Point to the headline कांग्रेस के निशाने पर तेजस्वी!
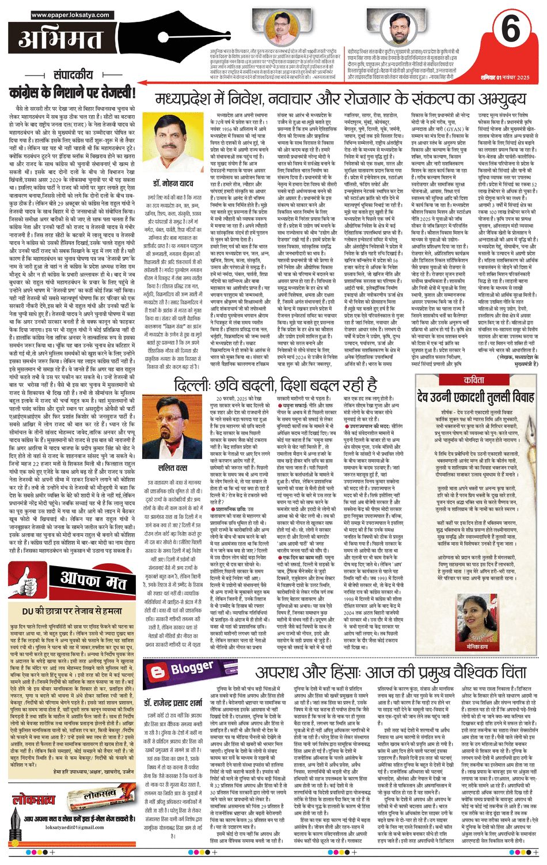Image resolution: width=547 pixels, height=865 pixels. point(73,92)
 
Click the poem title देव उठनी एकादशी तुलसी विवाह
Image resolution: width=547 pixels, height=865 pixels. point(476,396)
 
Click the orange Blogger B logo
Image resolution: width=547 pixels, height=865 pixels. point(156,671)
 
